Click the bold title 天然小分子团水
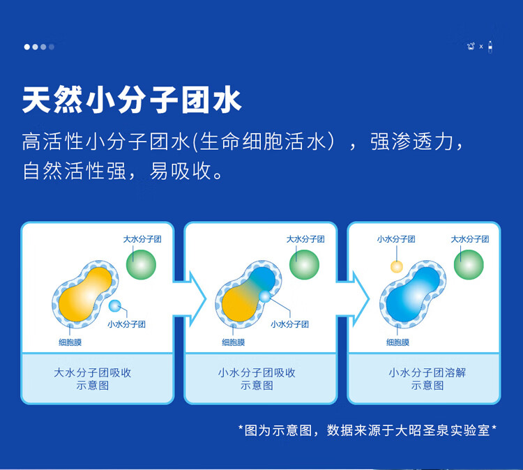(x=132, y=100)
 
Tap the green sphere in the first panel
(x=141, y=264)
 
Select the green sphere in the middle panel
(x=304, y=264)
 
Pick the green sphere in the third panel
(x=469, y=264)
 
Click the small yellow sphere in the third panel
(x=397, y=267)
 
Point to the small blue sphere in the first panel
(x=115, y=305)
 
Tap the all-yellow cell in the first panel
(x=85, y=294)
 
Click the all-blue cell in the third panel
(x=413, y=294)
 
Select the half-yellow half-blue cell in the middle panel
(x=249, y=294)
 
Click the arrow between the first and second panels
(x=190, y=299)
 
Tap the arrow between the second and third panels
(x=354, y=299)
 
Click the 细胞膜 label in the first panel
(x=70, y=342)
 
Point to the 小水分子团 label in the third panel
(x=396, y=239)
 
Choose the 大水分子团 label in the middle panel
(x=305, y=239)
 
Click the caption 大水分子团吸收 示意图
(x=92, y=379)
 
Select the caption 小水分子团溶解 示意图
(x=427, y=379)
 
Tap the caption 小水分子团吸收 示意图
(x=257, y=379)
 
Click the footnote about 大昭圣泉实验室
(x=367, y=430)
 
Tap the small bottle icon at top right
(x=490, y=47)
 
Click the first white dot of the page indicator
(x=27, y=47)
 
